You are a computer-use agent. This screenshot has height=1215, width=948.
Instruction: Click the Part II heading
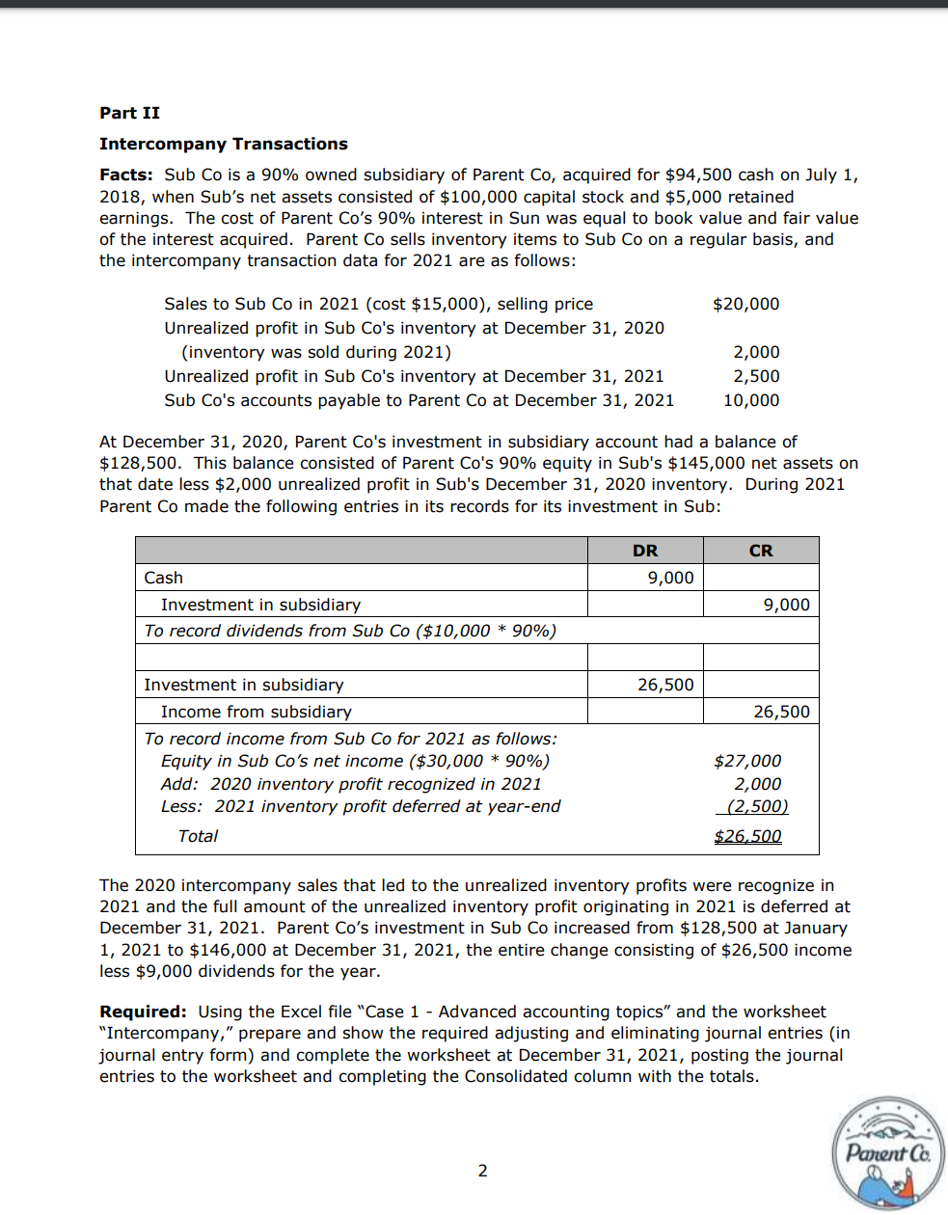click(129, 113)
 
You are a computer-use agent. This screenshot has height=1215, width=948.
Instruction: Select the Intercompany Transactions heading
click(223, 144)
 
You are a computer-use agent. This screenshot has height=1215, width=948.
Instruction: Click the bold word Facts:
click(125, 175)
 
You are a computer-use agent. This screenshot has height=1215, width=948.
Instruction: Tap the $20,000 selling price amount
click(745, 304)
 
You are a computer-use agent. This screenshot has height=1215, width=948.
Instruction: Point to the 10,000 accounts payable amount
click(751, 400)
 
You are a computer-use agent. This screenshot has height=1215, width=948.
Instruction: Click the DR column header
click(645, 551)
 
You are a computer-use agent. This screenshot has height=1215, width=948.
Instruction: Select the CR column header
click(761, 551)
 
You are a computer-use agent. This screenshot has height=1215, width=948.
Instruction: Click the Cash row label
click(164, 578)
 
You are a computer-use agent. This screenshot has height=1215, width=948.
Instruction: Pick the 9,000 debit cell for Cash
click(670, 578)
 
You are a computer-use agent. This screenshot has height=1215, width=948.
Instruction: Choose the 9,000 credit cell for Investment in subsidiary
click(786, 605)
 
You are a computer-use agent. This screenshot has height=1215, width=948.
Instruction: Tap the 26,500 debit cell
click(665, 685)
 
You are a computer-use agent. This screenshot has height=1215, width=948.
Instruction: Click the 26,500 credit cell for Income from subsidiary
click(781, 712)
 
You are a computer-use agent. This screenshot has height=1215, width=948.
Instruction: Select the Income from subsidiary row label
click(257, 712)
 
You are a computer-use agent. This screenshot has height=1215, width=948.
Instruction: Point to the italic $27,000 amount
click(747, 761)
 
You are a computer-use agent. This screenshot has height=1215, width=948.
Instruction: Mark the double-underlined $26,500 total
click(747, 836)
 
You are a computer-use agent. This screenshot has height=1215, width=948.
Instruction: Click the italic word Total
click(198, 836)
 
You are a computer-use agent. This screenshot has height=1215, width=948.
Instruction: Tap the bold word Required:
click(143, 1012)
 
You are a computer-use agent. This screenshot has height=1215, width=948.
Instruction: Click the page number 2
click(483, 1171)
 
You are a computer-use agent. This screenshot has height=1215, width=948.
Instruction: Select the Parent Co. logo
click(888, 1153)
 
